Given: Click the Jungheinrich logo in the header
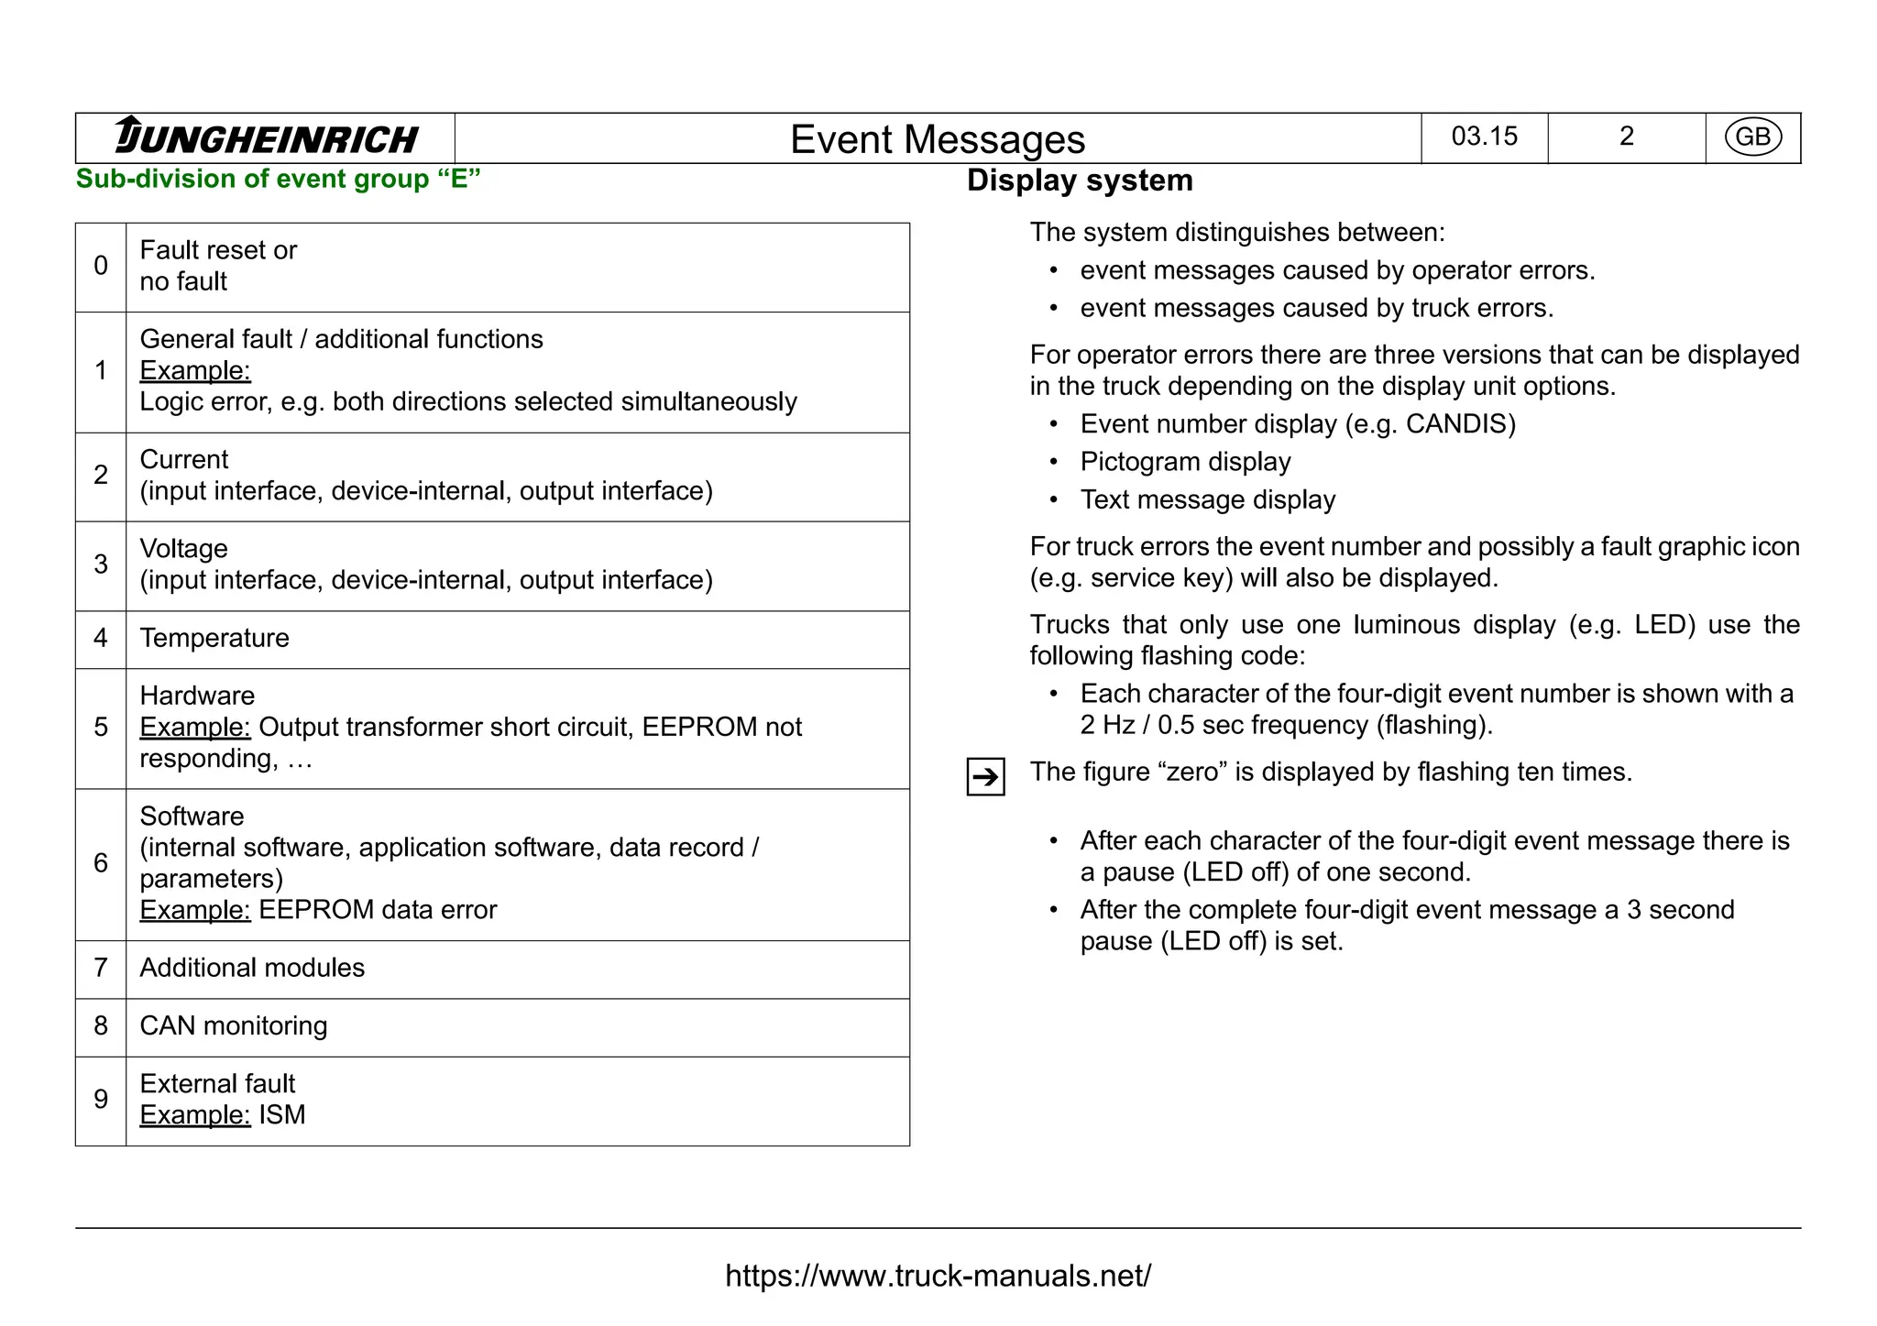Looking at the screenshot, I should click(266, 137).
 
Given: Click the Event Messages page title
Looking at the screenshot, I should click(937, 139).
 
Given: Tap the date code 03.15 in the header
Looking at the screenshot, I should click(1484, 137).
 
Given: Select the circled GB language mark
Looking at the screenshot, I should click(1752, 137).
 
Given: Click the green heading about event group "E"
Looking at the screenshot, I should click(278, 179).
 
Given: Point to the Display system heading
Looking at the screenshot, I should click(1080, 181).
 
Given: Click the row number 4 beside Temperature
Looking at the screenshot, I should click(101, 638).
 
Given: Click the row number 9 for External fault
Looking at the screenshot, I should click(101, 1100).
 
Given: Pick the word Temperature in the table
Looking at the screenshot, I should click(214, 638).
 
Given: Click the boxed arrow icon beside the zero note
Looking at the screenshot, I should click(985, 777).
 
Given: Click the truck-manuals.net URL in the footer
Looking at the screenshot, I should click(938, 1276).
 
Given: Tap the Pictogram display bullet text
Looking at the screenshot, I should click(1185, 462).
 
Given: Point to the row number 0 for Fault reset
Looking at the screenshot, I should click(101, 266).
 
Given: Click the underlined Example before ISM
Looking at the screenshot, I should click(194, 1115).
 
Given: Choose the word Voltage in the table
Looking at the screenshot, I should click(183, 549).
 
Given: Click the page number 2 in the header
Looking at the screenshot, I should click(1626, 137).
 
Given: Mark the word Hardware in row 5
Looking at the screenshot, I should click(197, 696).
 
